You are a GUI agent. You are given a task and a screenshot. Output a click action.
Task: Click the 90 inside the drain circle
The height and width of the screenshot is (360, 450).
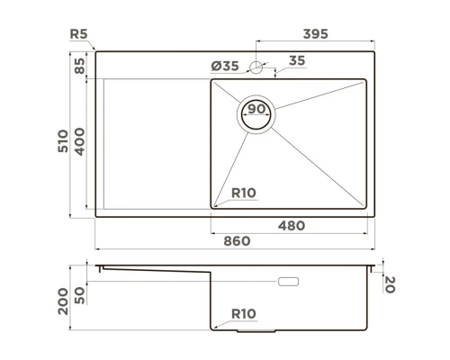256,110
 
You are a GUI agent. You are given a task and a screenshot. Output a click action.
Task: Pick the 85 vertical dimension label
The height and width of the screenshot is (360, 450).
80,66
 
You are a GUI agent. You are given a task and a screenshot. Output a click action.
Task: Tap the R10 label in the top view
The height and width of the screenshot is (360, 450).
244,192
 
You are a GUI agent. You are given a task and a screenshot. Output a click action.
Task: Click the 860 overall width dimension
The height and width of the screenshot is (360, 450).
236,242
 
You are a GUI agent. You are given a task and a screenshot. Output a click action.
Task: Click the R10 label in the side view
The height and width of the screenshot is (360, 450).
244,313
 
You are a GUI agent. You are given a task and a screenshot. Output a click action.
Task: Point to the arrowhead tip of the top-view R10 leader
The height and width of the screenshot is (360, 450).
213,205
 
